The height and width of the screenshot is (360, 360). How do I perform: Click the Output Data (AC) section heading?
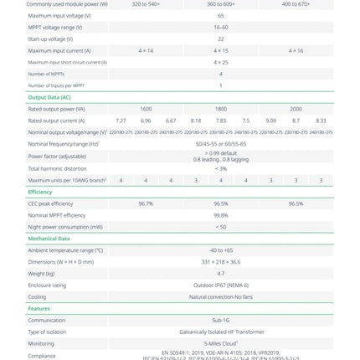click(49, 97)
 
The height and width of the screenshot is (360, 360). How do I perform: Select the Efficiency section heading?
click(40, 192)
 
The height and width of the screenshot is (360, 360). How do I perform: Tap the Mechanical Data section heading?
click(49, 239)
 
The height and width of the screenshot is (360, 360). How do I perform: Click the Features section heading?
click(39, 309)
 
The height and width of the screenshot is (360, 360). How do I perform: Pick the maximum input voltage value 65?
click(221, 15)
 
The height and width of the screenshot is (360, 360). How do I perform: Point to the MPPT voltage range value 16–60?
click(221, 27)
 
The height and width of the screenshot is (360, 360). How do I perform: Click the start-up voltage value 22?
click(221, 39)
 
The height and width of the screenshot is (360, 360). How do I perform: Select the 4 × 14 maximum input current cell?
click(146, 50)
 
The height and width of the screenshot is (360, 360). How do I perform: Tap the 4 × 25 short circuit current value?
click(221, 62)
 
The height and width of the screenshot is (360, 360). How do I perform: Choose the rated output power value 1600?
click(146, 109)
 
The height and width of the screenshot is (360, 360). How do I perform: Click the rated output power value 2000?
click(296, 109)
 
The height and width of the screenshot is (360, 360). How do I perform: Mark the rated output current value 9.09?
click(270, 121)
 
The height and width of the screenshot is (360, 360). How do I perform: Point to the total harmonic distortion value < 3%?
click(221, 168)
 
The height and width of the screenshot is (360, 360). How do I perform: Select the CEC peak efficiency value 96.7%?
click(146, 203)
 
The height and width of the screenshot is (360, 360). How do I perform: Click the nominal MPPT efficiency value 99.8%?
click(221, 215)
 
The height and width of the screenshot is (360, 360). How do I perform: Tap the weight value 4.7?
click(221, 274)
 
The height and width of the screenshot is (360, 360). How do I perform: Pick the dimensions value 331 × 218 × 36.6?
click(221, 262)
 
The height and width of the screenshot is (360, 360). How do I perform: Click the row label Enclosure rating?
click(47, 285)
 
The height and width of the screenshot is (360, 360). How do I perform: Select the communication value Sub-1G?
click(221, 321)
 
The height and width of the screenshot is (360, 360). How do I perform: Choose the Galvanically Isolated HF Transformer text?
click(221, 332)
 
